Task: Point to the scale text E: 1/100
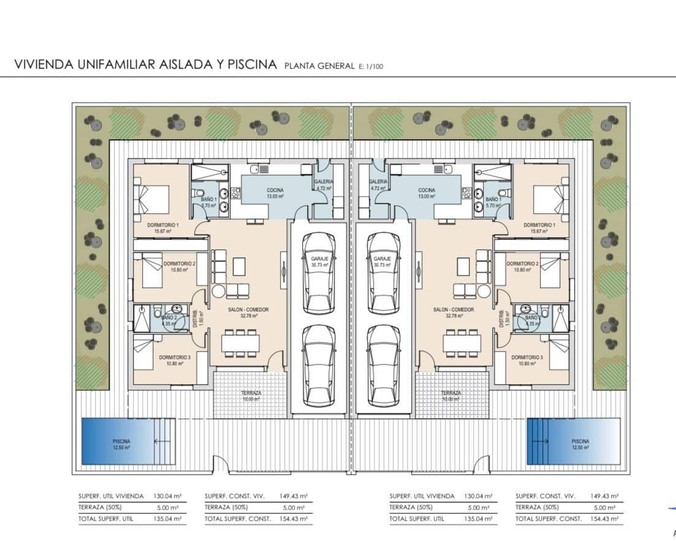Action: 371,66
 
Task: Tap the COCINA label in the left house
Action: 275,191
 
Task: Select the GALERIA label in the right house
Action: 379,182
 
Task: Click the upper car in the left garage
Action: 319,273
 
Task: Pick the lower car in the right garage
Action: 384,365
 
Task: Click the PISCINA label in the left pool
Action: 121,441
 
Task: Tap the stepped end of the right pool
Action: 537,441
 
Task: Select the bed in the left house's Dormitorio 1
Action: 153,199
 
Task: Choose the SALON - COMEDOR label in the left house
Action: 248,310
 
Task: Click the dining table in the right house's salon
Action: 461,343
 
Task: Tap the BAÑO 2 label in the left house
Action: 169,318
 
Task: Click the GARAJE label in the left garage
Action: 319,259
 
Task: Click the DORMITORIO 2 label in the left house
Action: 180,263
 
